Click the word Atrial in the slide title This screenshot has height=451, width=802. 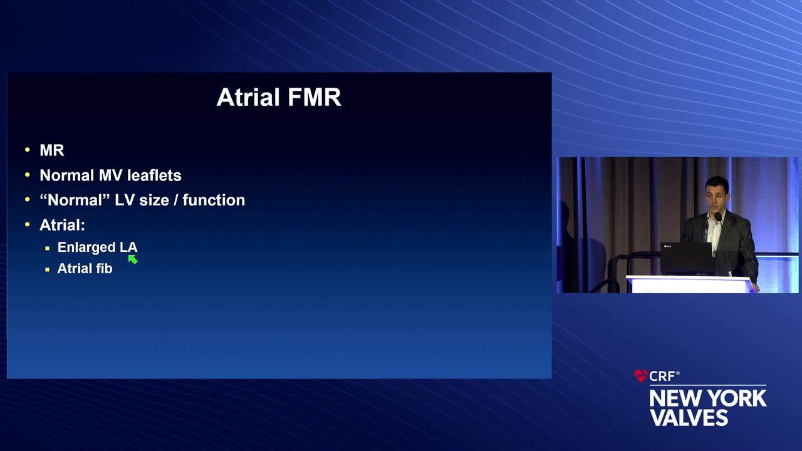point(248,97)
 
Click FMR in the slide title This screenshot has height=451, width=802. point(315,97)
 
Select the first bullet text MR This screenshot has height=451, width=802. point(52,150)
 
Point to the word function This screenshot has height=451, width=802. point(214,200)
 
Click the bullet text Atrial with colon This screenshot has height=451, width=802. point(62,225)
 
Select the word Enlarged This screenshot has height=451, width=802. point(86,247)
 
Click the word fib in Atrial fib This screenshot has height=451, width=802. point(104,269)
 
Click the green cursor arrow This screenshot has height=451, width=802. point(132,259)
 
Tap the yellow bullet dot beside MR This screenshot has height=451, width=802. point(28,150)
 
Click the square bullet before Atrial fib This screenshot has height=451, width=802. point(47,269)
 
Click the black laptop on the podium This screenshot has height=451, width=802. point(687,259)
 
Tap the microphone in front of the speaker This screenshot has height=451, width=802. point(718,217)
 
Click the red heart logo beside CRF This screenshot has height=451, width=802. point(641,375)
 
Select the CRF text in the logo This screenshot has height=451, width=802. point(662,376)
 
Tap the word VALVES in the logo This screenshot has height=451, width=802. point(689,417)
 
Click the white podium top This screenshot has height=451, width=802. point(691,279)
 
